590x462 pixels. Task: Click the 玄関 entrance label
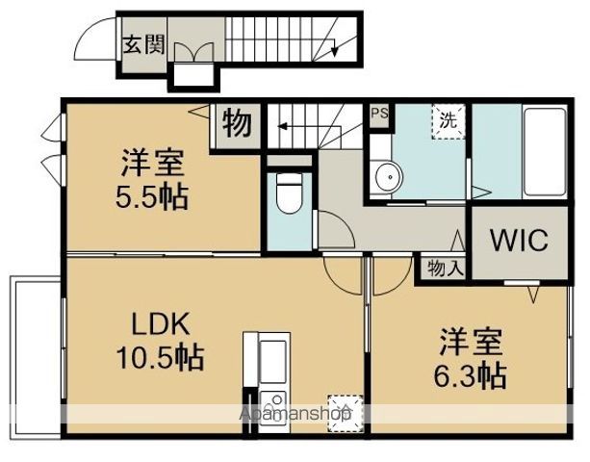click(x=144, y=45)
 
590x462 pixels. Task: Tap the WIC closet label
click(x=520, y=240)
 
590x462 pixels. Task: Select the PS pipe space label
click(x=379, y=114)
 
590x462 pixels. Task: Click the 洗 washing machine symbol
click(x=449, y=121)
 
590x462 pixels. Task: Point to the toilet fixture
click(x=289, y=192)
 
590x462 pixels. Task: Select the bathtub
click(x=545, y=152)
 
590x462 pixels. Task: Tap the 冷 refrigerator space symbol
click(x=345, y=413)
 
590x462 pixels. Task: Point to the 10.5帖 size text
click(x=161, y=357)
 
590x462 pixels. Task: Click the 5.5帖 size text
click(x=151, y=197)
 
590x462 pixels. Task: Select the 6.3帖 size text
click(x=471, y=376)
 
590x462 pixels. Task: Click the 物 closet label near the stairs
click(x=237, y=123)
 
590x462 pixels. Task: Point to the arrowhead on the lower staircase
click(x=282, y=126)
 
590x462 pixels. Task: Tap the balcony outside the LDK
click(x=36, y=358)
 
